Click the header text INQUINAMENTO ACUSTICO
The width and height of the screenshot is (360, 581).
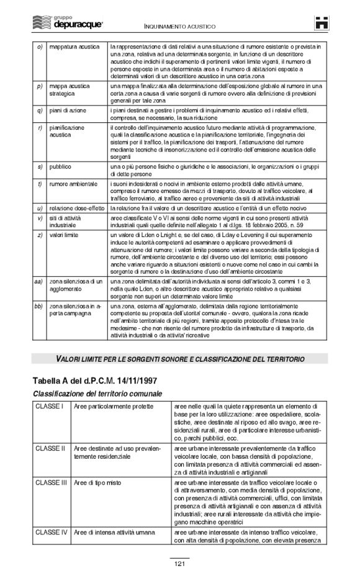[x=180, y=28]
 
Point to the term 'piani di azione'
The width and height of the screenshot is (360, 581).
[x=68, y=110]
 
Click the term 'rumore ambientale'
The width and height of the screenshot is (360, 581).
[x=73, y=184]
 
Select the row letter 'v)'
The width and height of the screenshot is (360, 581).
[x=40, y=218]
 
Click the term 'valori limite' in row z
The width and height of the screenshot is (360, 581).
[x=65, y=236]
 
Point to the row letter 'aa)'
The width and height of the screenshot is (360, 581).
[x=38, y=281]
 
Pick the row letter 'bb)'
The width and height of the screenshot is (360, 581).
[x=38, y=306]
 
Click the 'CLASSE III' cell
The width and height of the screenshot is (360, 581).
[x=52, y=482]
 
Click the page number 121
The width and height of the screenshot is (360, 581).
[x=180, y=564]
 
